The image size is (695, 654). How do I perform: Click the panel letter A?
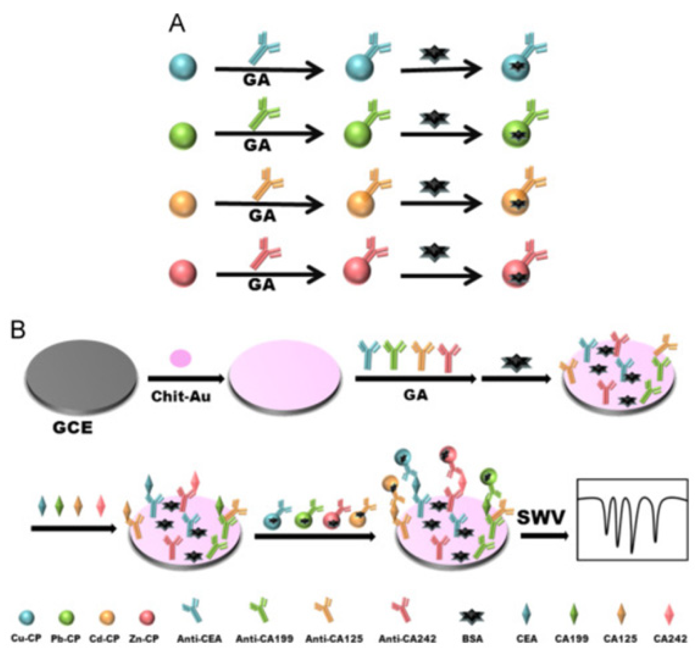pos(177,23)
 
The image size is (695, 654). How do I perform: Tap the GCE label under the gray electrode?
pos(72,428)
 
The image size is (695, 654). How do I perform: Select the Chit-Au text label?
pos(181,396)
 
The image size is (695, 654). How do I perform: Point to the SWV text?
pos(541,517)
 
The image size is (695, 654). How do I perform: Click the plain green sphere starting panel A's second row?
pos(183,134)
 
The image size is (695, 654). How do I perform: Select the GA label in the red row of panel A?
pos(262,284)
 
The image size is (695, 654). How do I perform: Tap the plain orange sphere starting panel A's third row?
pos(183,204)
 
